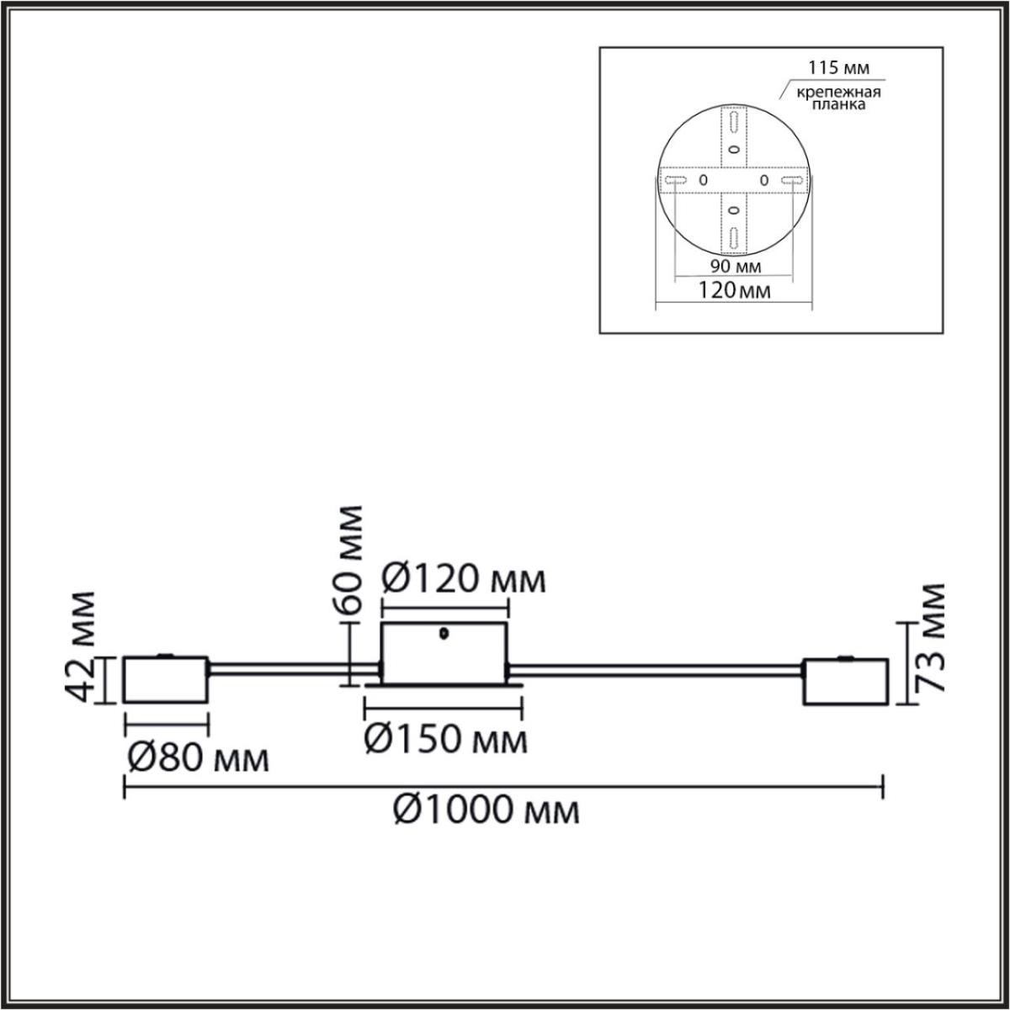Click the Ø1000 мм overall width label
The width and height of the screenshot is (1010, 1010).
[486, 811]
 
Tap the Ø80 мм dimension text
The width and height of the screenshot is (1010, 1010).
[198, 759]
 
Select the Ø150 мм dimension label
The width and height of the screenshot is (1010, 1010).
[446, 740]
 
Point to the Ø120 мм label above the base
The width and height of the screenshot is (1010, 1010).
[463, 579]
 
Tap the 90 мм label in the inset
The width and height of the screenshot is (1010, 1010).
[734, 267]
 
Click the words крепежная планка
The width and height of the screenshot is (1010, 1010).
[829, 98]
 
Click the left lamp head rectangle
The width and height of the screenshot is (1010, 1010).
[166, 679]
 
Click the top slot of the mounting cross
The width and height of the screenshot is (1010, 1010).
[734, 124]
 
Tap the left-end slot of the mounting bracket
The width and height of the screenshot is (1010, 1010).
[676, 180]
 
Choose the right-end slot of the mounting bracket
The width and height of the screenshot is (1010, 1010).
[791, 180]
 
